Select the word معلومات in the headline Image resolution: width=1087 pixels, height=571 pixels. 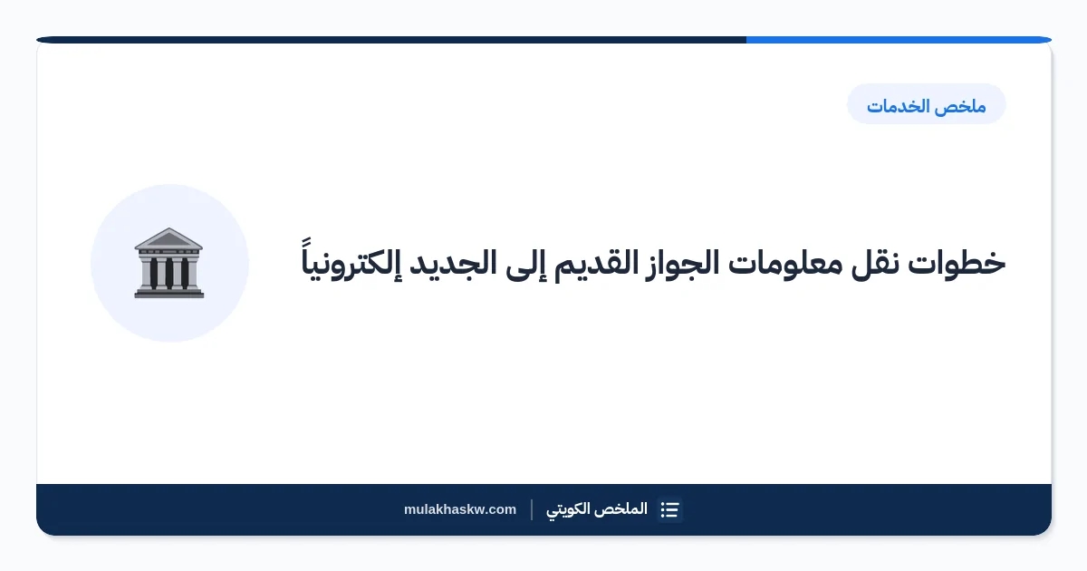point(785,264)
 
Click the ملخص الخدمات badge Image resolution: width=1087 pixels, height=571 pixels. point(927,104)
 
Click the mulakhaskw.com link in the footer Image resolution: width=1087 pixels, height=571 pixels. point(460,509)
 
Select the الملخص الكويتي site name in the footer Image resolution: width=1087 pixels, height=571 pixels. point(597,509)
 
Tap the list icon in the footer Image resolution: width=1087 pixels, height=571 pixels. point(669,509)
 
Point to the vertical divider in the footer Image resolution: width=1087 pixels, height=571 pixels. point(532,509)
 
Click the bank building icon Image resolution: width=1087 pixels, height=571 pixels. point(169,263)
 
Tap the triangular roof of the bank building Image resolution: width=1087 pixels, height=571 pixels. point(168,238)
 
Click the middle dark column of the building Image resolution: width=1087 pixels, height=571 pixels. point(169,274)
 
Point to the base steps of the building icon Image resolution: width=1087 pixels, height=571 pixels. point(169,293)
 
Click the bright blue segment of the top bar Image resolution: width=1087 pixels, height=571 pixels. point(899,40)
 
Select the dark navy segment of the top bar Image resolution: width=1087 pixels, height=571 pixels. point(391,40)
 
